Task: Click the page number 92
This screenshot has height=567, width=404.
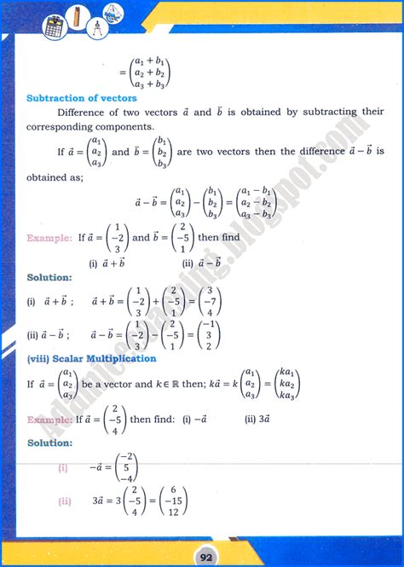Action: click(203, 555)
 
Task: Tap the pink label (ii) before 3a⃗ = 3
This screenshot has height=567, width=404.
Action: click(63, 500)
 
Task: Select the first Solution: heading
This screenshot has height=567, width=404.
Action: click(49, 278)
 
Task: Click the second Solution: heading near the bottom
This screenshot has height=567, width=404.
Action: click(49, 443)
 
